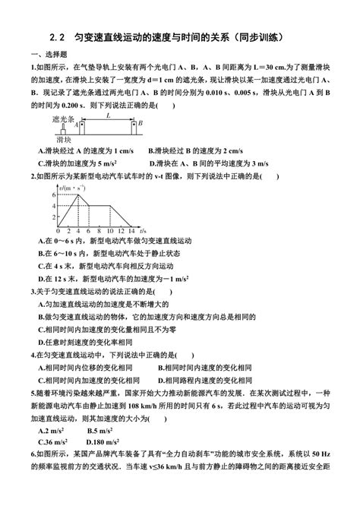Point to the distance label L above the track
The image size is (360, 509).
[109, 115]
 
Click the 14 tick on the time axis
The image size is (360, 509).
[131, 230]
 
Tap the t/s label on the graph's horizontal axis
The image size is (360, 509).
[144, 229]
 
